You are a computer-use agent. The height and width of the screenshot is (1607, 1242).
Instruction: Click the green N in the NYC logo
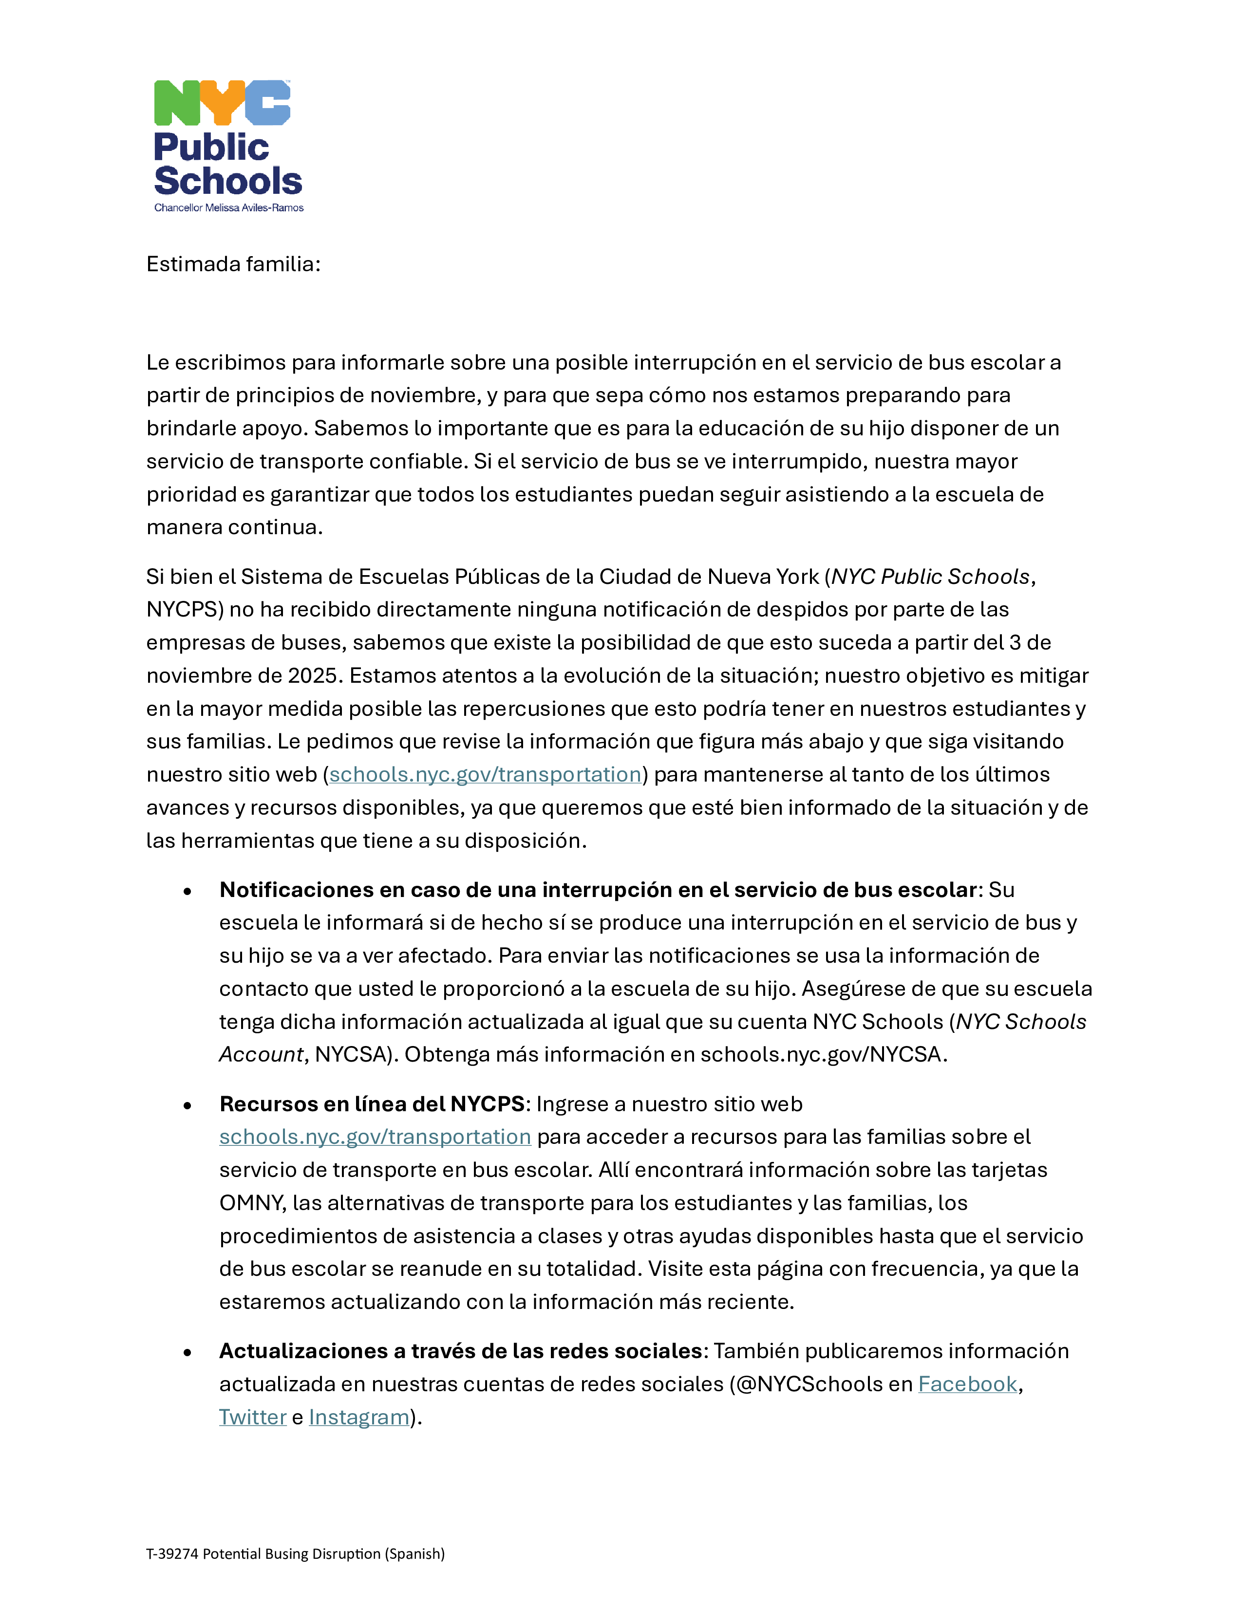coord(177,103)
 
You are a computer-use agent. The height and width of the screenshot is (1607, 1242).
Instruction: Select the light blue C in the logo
coord(268,103)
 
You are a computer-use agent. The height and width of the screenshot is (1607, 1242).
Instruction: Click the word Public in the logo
coord(211,147)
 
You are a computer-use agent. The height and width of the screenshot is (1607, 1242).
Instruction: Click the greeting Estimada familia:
coord(233,264)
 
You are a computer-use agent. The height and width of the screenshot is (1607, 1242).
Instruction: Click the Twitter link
coord(252,1417)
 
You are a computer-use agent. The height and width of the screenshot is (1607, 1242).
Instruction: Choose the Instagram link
coord(359,1417)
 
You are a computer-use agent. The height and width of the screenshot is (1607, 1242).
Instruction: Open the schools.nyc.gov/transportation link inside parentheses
coord(485,775)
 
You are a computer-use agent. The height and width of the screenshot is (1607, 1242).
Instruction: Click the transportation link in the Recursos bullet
coord(375,1137)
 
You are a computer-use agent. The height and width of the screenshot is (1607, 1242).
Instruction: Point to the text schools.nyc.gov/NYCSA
coord(820,1054)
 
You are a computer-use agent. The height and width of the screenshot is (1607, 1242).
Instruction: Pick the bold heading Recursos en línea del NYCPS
coord(372,1103)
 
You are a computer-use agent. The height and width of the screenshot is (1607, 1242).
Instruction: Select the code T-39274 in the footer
coord(172,1553)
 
